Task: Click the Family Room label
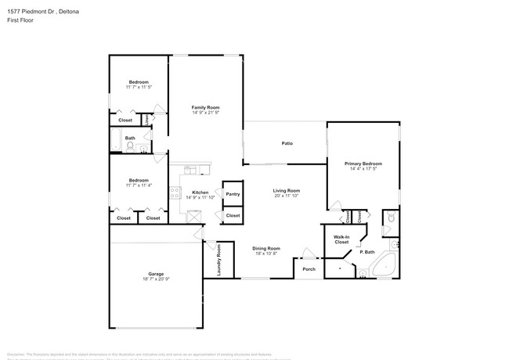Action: (x=206, y=107)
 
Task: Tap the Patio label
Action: (x=287, y=143)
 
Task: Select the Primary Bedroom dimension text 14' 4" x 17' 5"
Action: (x=363, y=169)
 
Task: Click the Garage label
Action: (x=157, y=274)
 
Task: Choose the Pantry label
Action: (x=233, y=194)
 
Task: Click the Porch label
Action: (x=309, y=269)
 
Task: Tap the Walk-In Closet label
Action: (x=341, y=239)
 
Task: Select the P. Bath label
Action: (x=366, y=252)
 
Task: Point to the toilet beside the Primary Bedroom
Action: (x=389, y=218)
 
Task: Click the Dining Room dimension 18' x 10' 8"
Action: (x=267, y=254)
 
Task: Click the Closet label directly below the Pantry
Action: (x=233, y=215)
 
